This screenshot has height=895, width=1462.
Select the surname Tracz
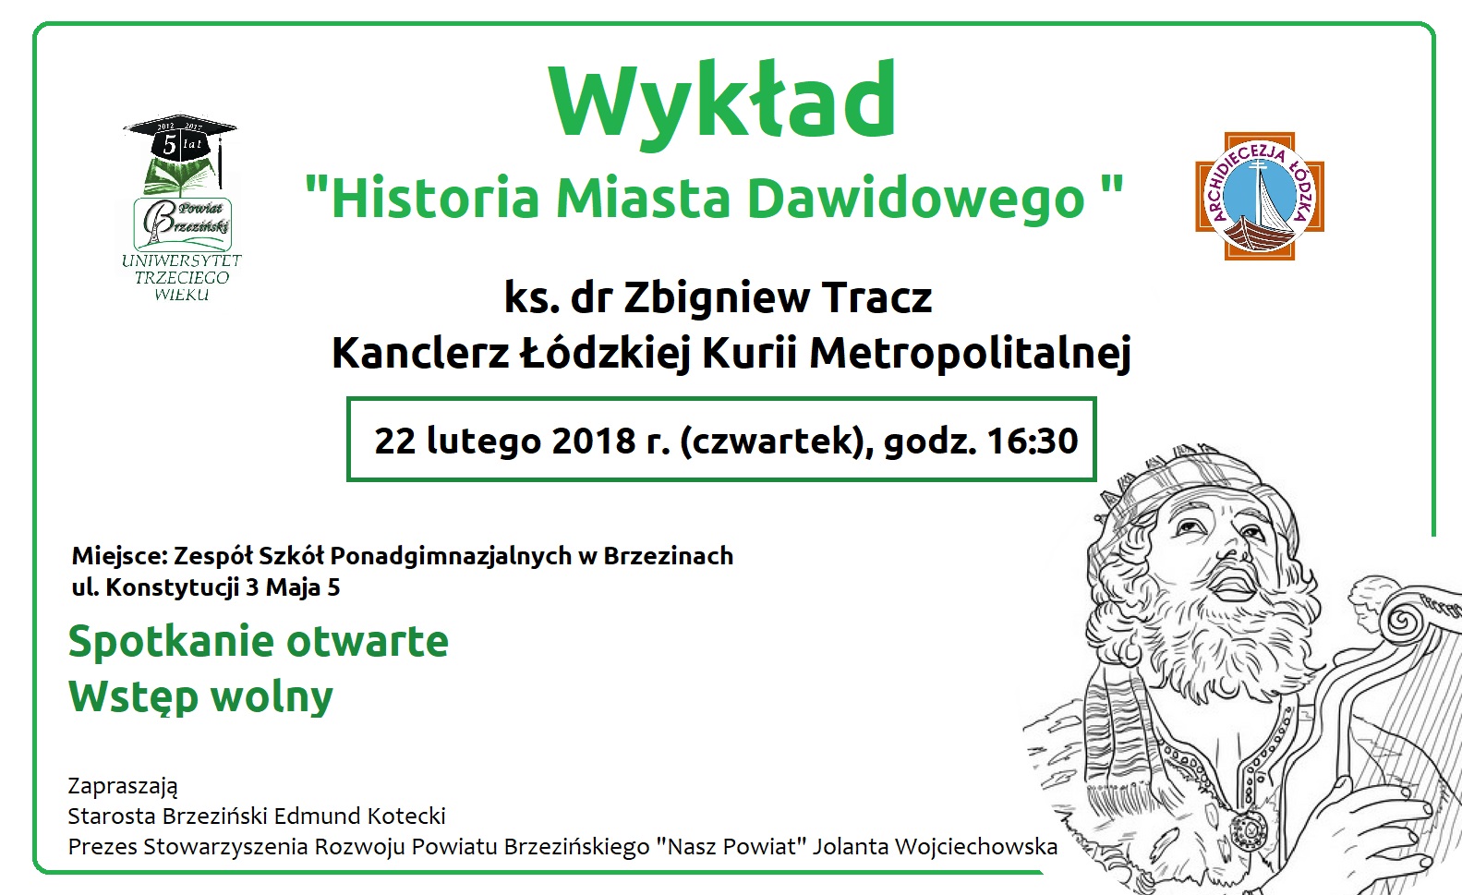coord(876,297)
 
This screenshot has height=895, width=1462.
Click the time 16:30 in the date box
coord(1032,441)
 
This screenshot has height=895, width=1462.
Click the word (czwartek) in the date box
coord(777,441)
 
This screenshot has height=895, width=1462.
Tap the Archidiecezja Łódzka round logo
coord(1259,197)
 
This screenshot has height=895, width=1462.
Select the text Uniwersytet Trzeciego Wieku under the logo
coord(181,277)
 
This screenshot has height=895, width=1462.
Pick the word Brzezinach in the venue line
coord(669,556)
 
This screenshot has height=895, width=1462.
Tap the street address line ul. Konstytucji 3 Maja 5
coord(206,587)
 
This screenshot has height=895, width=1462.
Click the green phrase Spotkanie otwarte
coord(259,641)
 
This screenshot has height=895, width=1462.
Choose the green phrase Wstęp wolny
coord(200,696)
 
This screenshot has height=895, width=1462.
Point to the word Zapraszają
coord(123,786)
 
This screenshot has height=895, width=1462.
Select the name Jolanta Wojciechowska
coord(935,846)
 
